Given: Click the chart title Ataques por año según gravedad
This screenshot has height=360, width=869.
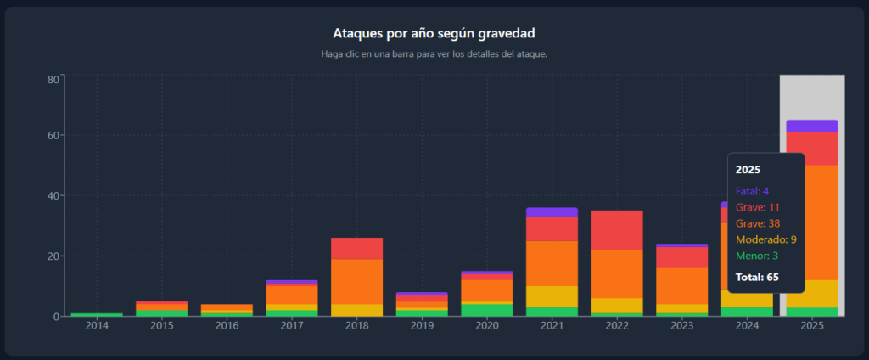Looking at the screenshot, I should point(434,33).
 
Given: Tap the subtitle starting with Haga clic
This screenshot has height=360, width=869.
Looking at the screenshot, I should point(434,54).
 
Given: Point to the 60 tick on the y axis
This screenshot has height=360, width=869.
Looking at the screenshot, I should point(52,136).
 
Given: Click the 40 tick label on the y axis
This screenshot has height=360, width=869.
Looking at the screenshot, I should point(52,196).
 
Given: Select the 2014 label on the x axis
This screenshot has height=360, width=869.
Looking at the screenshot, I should point(97,326).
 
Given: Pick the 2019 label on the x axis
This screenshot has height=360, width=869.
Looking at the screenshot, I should point(422,326).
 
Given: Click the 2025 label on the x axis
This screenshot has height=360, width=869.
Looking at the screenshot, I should point(811,326).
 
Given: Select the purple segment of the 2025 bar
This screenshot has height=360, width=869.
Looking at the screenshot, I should point(811,126).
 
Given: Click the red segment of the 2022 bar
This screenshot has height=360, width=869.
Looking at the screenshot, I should point(617,230).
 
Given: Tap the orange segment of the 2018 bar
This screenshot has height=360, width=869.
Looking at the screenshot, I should point(356,281).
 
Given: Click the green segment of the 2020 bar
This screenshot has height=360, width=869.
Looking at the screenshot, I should point(486,310).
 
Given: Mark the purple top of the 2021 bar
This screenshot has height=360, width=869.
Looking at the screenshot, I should point(552,212).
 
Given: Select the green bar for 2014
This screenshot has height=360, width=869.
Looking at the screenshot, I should point(97,315).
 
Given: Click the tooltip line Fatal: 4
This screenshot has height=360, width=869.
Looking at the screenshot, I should point(752,191).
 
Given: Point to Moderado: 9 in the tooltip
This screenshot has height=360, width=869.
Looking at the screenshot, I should point(765,240).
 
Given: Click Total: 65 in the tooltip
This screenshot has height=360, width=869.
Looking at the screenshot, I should point(757,277).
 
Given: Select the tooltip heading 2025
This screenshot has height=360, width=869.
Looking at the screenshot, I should point(747,170).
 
